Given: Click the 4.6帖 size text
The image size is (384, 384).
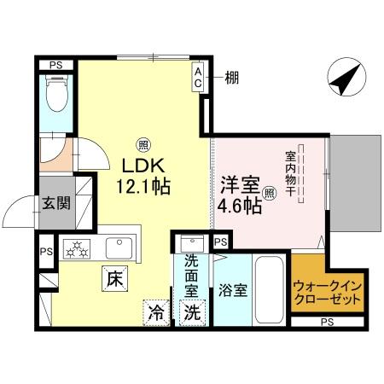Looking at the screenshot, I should [238, 205].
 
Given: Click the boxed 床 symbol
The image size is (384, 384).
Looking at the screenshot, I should [113, 277].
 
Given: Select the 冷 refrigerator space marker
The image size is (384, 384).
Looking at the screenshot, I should [155, 311].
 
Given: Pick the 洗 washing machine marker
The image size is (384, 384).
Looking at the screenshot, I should [193, 311].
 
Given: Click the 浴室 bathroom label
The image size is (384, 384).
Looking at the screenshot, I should [234, 290].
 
